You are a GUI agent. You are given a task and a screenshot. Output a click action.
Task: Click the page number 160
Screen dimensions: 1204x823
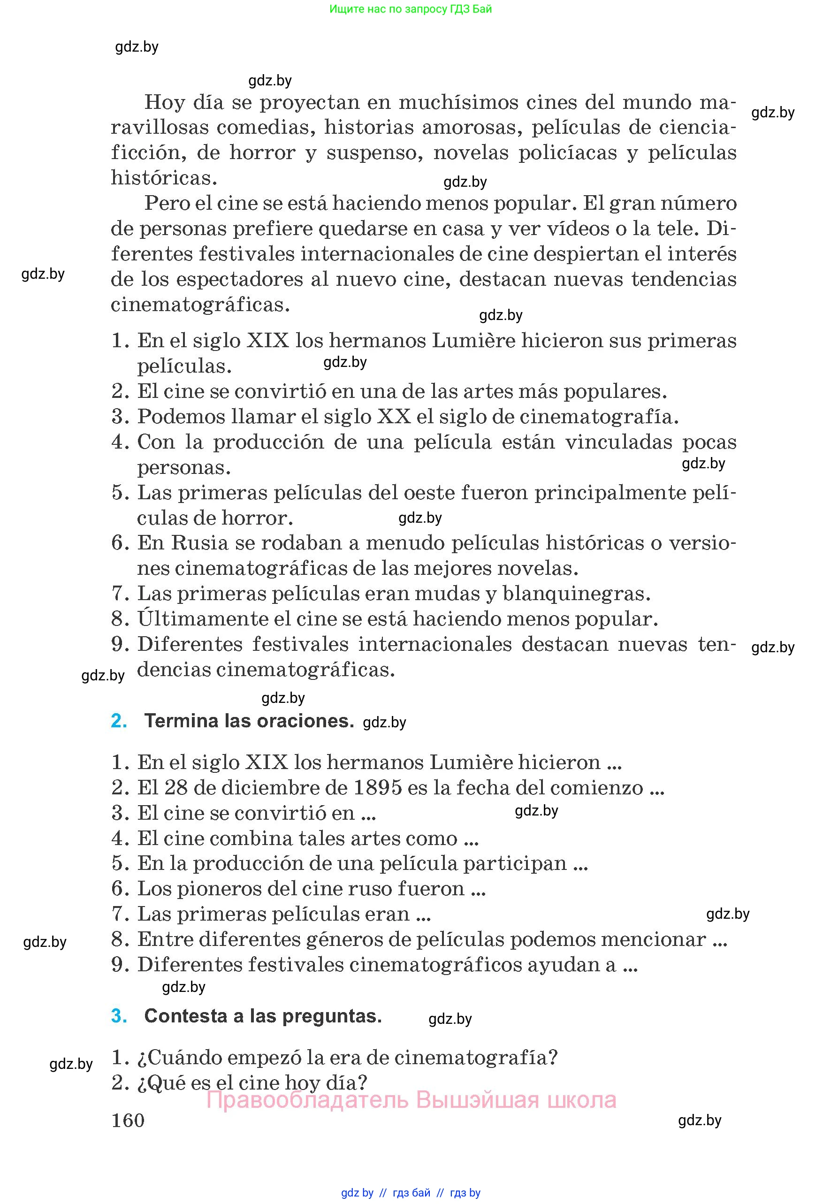pyautogui.click(x=128, y=1120)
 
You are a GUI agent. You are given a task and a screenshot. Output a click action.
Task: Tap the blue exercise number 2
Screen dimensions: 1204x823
pyautogui.click(x=119, y=721)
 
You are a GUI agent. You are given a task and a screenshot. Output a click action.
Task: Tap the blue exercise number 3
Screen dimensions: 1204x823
pyautogui.click(x=119, y=1015)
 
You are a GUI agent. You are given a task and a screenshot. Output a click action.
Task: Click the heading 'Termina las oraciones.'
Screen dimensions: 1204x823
pyautogui.click(x=249, y=721)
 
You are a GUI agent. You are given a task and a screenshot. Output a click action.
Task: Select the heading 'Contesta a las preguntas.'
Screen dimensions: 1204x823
pyautogui.click(x=263, y=1015)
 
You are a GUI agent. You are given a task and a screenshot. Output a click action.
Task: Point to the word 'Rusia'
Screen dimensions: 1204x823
pyautogui.click(x=199, y=542)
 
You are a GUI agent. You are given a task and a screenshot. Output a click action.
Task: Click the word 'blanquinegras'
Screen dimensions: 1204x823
pyautogui.click(x=575, y=593)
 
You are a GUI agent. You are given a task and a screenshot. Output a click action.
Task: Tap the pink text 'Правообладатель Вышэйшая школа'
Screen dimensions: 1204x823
pyautogui.click(x=411, y=1099)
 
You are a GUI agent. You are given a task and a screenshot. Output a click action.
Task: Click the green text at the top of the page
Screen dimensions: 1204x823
pyautogui.click(x=411, y=9)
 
